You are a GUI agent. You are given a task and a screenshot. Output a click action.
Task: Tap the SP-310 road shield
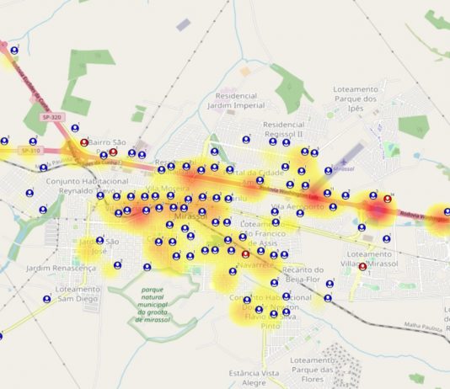click(31, 151)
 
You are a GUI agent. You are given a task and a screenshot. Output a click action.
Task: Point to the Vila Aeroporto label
click(298, 206)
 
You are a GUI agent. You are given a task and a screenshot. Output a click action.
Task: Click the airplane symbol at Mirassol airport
click(342, 166)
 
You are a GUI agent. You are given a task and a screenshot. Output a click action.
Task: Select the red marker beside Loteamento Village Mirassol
click(362, 267)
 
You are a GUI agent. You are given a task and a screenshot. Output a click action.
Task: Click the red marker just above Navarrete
click(245, 253)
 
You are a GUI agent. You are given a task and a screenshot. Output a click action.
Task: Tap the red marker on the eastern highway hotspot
click(388, 199)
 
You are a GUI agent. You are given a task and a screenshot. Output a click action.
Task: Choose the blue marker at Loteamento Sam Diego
click(47, 298)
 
